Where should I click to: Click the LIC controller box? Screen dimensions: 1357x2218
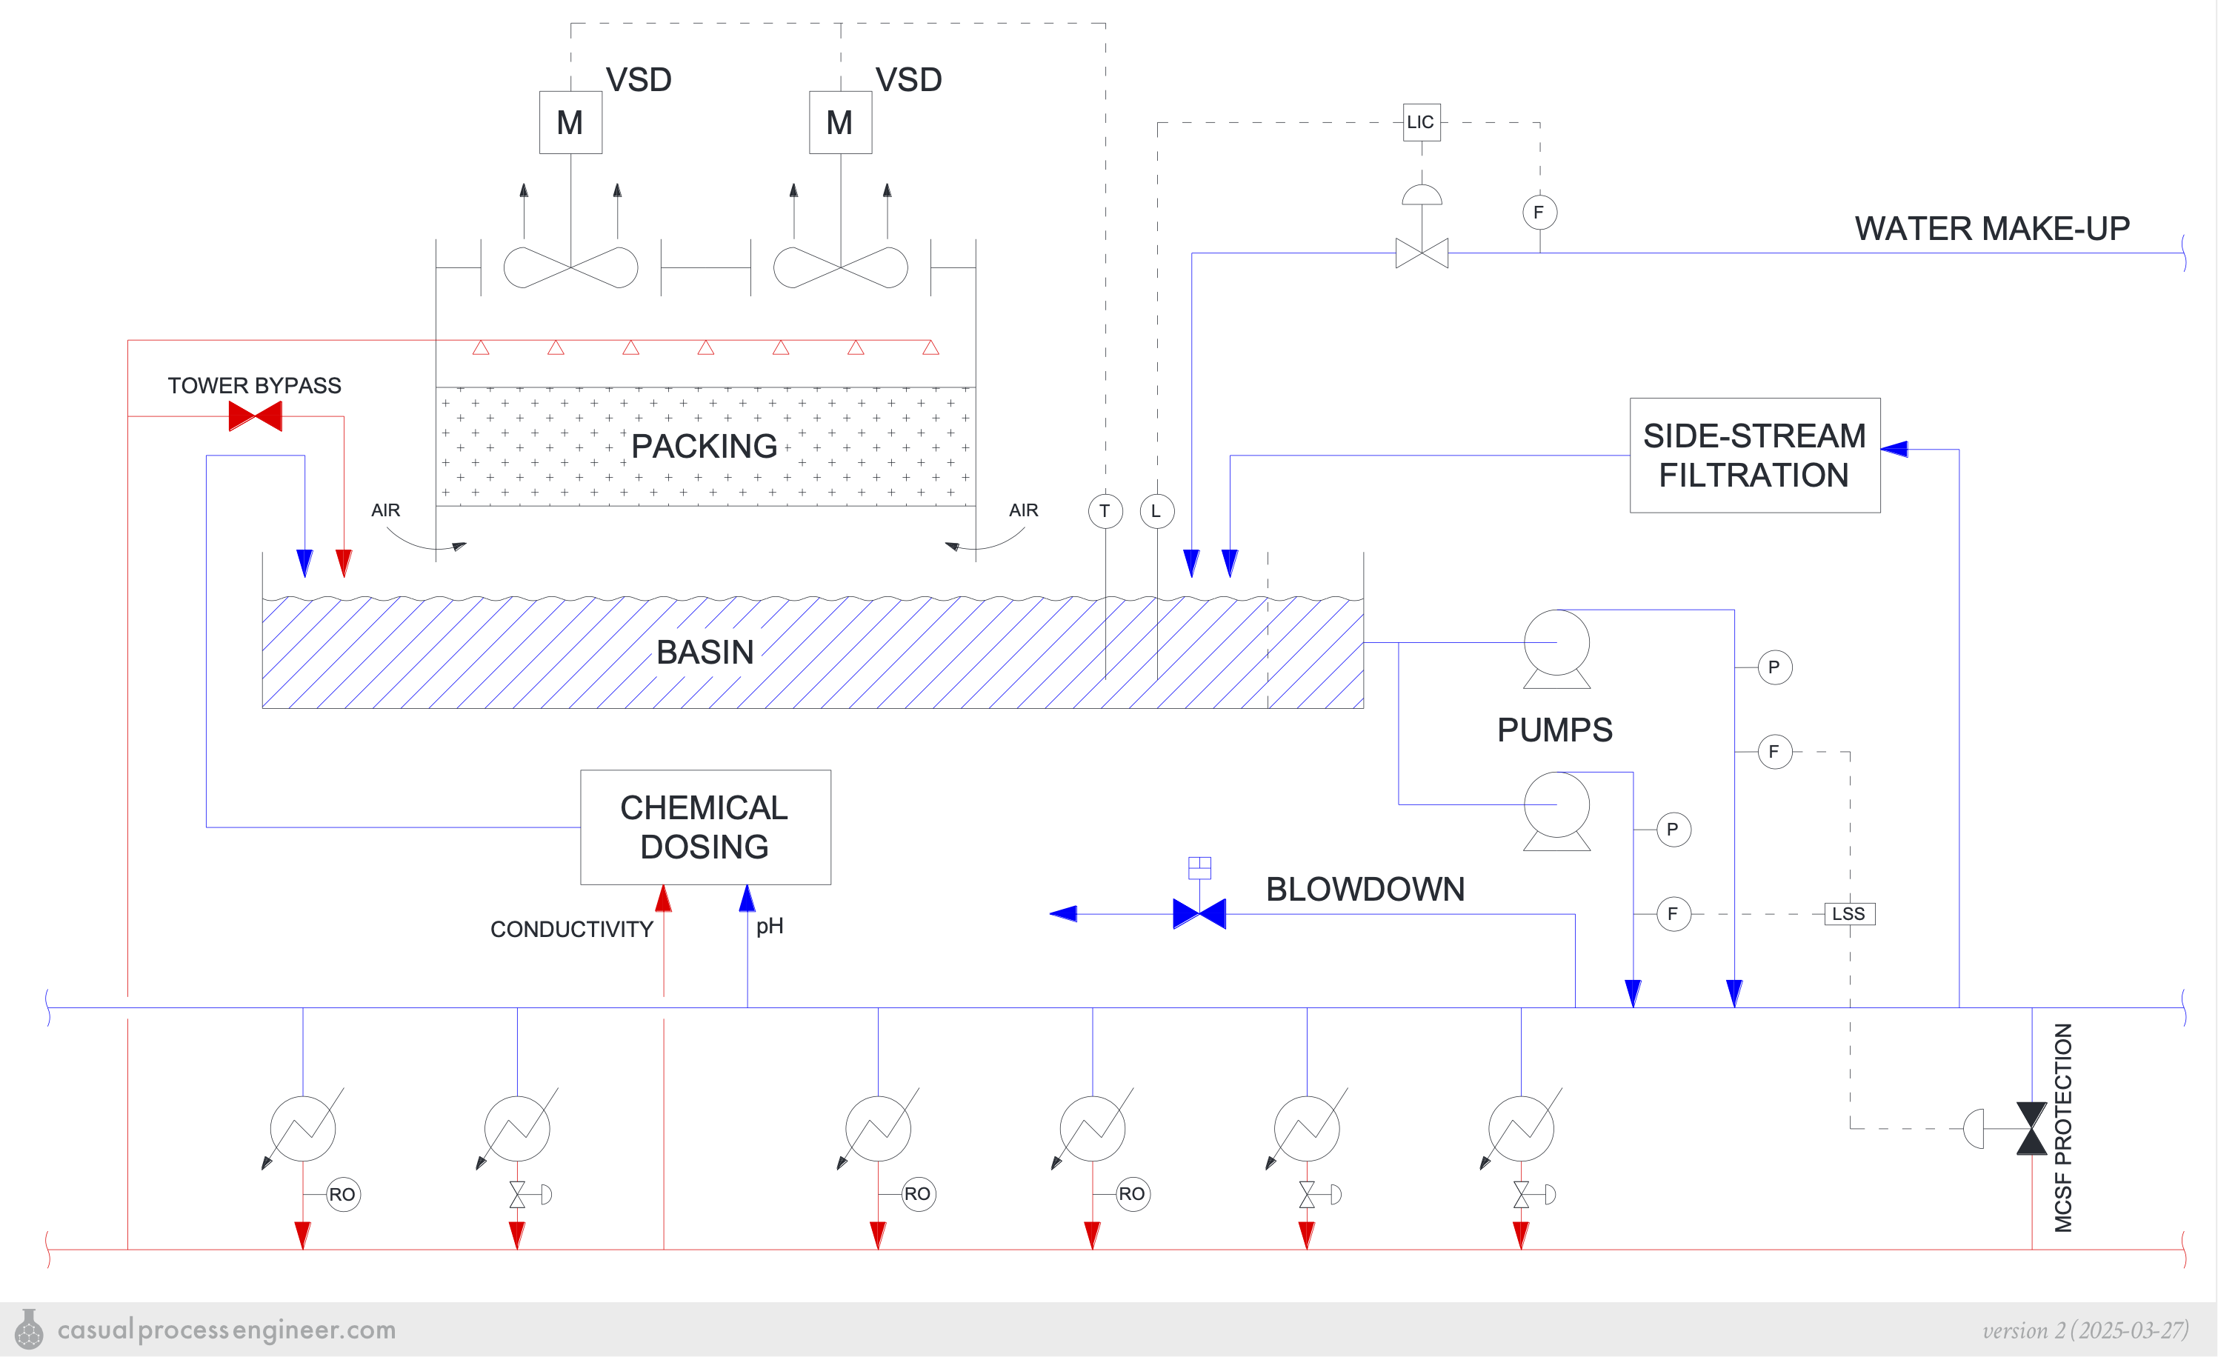(1422, 122)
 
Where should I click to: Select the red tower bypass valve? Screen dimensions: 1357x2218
(255, 416)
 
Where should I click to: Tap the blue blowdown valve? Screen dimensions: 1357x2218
(1199, 913)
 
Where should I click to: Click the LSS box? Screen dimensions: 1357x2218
(1849, 914)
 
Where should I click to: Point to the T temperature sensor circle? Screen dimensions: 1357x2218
(1105, 511)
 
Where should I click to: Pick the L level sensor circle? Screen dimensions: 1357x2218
(1156, 511)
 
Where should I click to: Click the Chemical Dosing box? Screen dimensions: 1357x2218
(705, 827)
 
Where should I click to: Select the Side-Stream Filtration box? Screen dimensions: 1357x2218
(1754, 456)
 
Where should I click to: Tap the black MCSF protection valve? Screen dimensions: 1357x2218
(2031, 1128)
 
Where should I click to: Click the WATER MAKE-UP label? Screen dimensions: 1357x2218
(1991, 229)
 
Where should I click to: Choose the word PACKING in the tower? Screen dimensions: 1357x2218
(704, 447)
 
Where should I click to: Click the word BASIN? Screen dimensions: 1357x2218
(705, 653)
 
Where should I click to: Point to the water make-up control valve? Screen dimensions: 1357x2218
(1422, 253)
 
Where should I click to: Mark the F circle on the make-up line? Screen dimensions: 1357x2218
(1539, 213)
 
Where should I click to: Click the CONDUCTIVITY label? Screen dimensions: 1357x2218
(572, 930)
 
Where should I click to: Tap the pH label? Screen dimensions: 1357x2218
(770, 926)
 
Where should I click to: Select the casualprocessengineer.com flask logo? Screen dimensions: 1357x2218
(29, 1329)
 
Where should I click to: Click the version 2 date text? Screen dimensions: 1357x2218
(2085, 1330)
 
